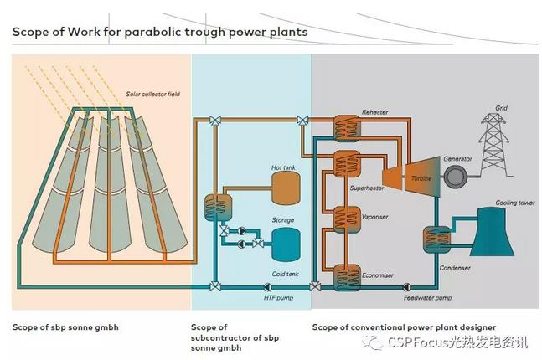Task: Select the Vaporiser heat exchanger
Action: point(345,219)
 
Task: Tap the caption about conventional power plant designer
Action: point(404,327)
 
